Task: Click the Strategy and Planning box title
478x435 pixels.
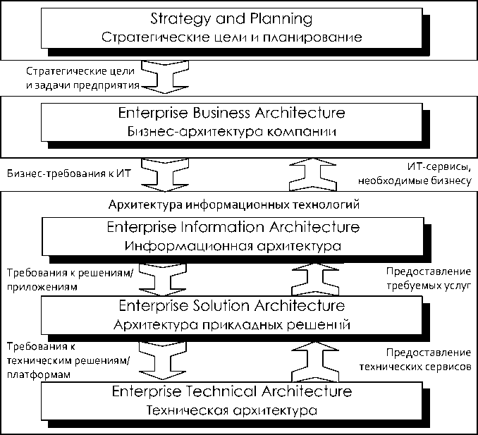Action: pyautogui.click(x=231, y=17)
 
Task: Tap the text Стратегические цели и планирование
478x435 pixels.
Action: pyautogui.click(x=231, y=37)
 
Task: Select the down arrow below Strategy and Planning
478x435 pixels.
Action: pyautogui.click(x=161, y=77)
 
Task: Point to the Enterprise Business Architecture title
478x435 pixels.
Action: pyautogui.click(x=231, y=113)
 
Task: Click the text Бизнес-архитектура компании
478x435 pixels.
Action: pyautogui.click(x=231, y=132)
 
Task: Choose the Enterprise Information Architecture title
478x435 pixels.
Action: pyautogui.click(x=233, y=228)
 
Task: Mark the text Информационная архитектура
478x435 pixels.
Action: pyautogui.click(x=233, y=247)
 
